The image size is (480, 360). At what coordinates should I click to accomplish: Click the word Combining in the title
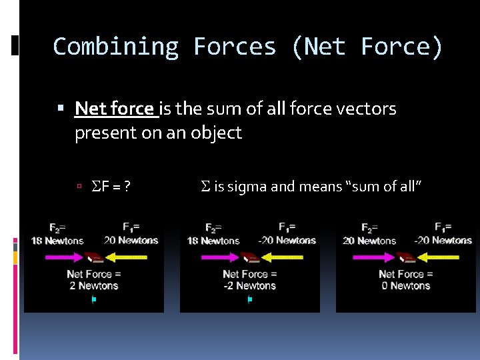tap(115, 47)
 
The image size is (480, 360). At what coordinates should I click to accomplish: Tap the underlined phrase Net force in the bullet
tap(115, 108)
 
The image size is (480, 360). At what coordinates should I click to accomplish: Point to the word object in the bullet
tap(215, 133)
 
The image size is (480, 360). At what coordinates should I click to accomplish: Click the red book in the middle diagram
tap(251, 257)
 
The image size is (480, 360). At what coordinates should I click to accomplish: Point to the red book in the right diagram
tap(407, 257)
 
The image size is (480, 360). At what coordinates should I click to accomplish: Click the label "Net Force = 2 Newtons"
tap(94, 280)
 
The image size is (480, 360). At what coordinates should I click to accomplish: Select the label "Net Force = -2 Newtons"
tap(250, 280)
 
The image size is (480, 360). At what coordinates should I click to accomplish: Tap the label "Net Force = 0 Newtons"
tap(406, 280)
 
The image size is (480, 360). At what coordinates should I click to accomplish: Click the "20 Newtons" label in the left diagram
tap(131, 240)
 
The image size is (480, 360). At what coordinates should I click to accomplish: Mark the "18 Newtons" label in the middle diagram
tap(213, 241)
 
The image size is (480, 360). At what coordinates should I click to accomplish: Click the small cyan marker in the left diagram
tap(94, 300)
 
